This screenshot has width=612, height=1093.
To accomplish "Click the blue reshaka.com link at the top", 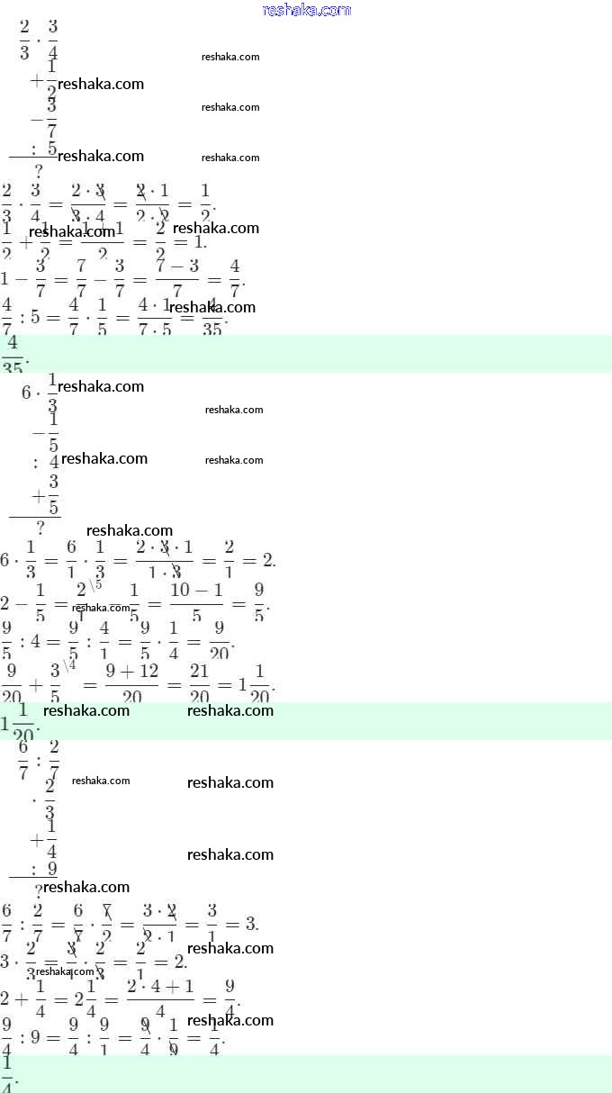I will pyautogui.click(x=306, y=10).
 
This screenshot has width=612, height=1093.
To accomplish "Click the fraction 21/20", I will pyautogui.click(x=199, y=684).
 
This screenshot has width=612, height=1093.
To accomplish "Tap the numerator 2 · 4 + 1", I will pyautogui.click(x=160, y=984).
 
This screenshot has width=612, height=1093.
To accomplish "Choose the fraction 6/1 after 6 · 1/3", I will pyautogui.click(x=71, y=561).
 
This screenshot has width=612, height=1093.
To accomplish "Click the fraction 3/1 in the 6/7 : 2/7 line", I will pyautogui.click(x=212, y=924).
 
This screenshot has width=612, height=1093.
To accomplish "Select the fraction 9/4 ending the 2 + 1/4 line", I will pyautogui.click(x=229, y=998).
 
